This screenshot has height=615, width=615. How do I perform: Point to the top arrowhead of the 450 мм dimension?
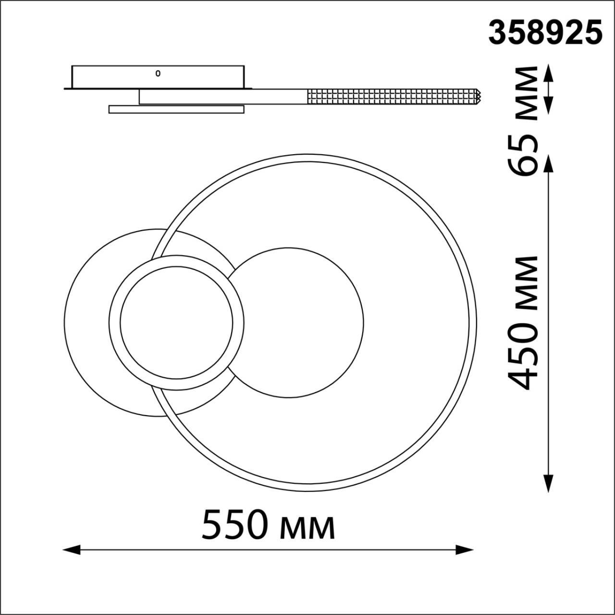click(x=548, y=164)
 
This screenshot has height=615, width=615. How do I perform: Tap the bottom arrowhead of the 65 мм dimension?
click(x=548, y=105)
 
